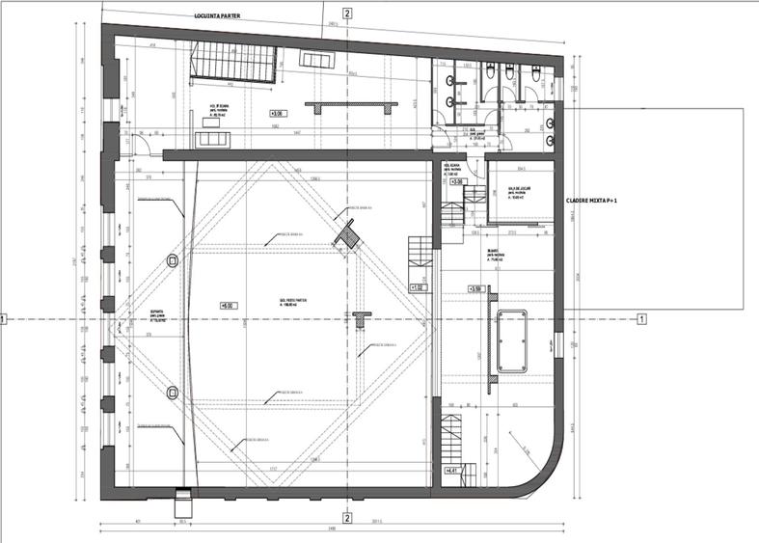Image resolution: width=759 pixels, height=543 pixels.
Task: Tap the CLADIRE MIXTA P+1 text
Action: coord(592,201)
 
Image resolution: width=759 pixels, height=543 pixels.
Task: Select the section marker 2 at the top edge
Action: coord(347,14)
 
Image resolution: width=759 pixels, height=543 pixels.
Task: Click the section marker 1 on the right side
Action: coord(641,318)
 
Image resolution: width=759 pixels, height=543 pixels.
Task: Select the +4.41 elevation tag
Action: coord(451,471)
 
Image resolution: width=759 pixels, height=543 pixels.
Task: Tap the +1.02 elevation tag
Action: coord(418,287)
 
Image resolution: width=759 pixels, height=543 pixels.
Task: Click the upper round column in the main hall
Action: coord(173,259)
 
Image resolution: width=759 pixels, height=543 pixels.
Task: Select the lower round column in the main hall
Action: coord(173,391)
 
